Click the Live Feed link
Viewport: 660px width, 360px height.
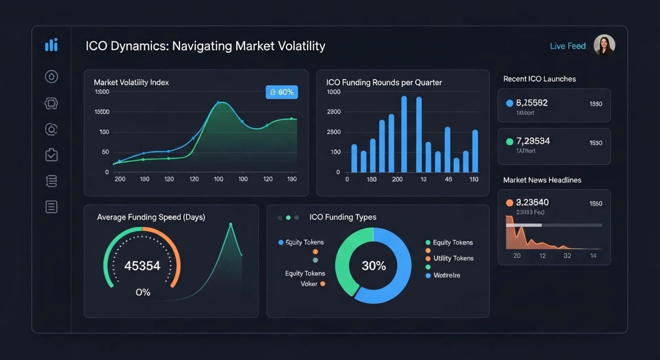568,46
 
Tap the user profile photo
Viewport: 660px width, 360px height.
604,45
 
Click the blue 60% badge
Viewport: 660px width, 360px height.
282,92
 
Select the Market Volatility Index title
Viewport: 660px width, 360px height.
131,83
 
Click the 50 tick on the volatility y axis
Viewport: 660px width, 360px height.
105,152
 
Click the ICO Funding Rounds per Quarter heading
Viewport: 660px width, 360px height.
384,83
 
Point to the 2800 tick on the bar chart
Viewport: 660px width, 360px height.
333,112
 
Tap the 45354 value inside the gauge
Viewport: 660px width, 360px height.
142,266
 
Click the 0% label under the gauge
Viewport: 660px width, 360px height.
143,292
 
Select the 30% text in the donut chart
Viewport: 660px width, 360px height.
373,266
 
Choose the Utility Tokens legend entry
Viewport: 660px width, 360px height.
453,258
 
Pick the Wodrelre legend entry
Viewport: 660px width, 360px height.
446,275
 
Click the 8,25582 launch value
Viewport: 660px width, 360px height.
531,103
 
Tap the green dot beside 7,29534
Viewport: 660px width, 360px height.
509,142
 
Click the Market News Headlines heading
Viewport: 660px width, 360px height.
542,180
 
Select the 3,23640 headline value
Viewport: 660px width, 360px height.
532,203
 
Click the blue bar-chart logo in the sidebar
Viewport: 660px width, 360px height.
51,45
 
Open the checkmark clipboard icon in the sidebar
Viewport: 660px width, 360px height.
51,155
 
